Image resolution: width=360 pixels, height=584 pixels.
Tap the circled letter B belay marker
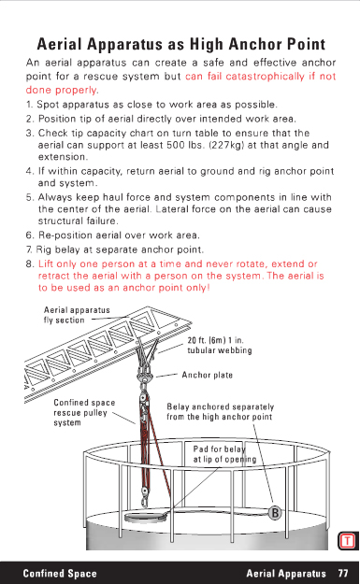click(x=275, y=513)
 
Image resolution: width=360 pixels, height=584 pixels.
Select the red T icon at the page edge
click(x=347, y=540)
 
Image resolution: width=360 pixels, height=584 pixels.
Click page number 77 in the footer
click(x=343, y=573)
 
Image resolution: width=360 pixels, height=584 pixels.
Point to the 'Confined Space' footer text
click(x=60, y=573)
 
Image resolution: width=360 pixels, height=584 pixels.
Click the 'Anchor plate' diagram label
click(x=208, y=375)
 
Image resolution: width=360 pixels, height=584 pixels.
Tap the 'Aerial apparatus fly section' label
click(x=77, y=315)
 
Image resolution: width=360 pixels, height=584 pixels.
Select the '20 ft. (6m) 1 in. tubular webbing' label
click(x=220, y=345)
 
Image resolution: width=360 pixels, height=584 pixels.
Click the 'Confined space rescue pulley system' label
click(x=84, y=413)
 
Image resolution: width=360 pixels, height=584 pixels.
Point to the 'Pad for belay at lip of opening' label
click(x=224, y=454)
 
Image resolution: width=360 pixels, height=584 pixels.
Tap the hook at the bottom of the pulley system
click(x=144, y=500)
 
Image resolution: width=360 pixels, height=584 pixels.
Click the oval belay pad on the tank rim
click(x=146, y=517)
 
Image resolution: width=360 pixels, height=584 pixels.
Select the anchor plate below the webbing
click(x=145, y=379)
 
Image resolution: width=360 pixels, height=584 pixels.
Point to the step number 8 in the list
click(x=30, y=264)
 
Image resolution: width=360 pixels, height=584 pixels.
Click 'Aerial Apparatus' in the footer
click(x=286, y=573)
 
